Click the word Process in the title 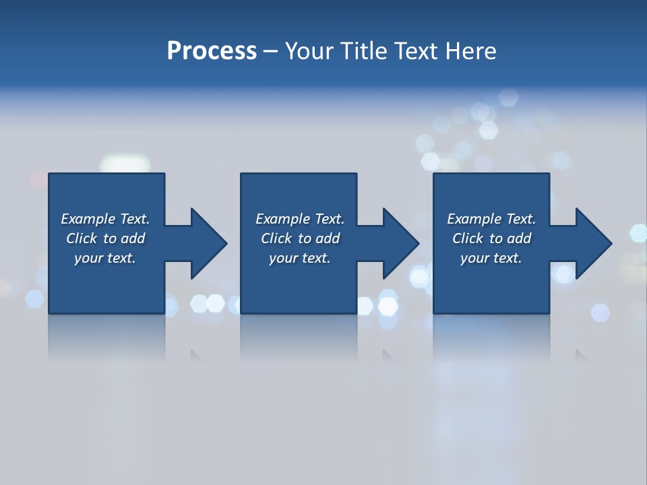point(212,51)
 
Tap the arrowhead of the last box point(592,243)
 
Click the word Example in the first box point(88,219)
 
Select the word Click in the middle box point(276,238)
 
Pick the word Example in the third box point(474,219)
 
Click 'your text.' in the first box point(105,258)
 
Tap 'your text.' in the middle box point(299,258)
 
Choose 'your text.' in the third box point(491,258)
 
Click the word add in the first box point(133,238)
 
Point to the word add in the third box point(519,238)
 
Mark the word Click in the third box point(468,238)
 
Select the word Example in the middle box point(282,219)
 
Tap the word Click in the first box point(82,238)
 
